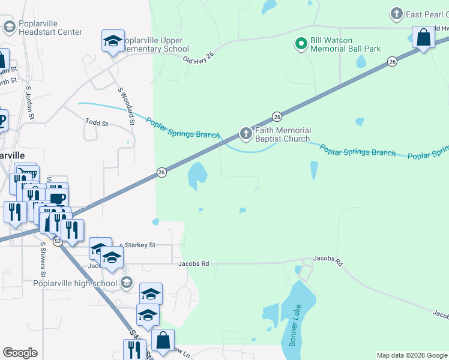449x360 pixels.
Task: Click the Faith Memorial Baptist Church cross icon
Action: point(246,133)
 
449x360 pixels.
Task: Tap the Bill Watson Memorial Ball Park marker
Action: point(301,43)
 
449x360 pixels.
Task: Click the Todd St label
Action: point(96,124)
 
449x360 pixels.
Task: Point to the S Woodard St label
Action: point(125,106)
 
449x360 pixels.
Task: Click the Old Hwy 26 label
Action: point(197,59)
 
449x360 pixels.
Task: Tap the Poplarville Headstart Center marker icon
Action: point(9,26)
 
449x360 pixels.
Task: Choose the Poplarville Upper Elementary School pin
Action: point(113,41)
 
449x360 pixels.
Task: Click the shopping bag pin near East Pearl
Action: point(423,37)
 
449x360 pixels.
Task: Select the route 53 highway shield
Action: point(57,241)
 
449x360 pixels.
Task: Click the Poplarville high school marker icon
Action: point(126,282)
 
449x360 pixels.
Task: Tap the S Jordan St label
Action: point(28,106)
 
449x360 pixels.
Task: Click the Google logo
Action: point(20,353)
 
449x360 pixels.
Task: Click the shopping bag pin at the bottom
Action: point(163,340)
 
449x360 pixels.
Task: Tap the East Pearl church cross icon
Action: point(396,13)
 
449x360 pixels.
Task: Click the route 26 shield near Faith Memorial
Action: point(277,116)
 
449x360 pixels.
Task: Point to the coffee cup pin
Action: point(58,199)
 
